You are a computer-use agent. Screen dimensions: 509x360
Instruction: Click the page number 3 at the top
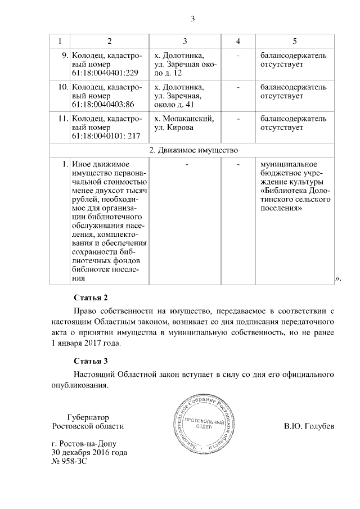(192, 19)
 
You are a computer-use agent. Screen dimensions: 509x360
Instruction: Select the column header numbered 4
(238, 42)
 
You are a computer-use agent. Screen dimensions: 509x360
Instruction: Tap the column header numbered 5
(295, 42)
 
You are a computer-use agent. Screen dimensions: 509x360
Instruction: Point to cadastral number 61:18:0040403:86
(103, 105)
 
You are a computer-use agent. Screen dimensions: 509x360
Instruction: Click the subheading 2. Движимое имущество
(194, 150)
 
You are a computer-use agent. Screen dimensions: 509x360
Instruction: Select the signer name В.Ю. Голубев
(309, 426)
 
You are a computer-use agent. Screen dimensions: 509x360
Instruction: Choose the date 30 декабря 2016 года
(89, 452)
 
